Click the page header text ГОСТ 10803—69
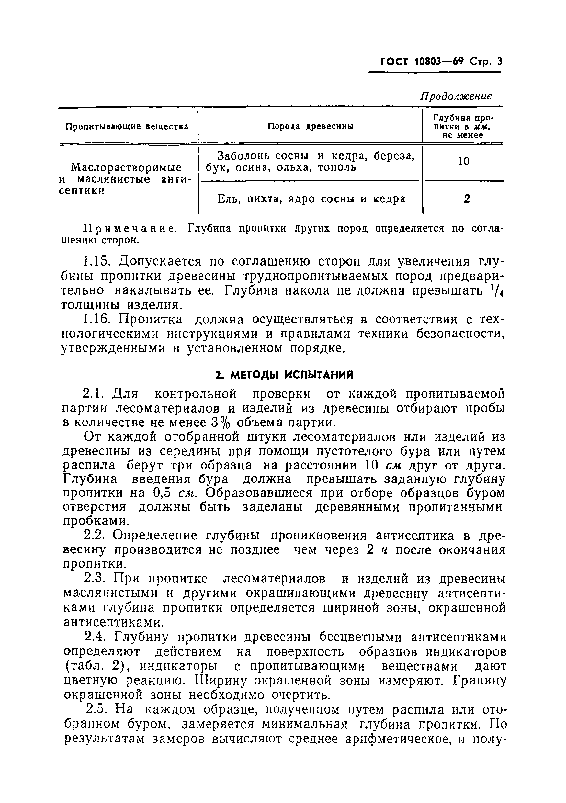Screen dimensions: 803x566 (x=422, y=62)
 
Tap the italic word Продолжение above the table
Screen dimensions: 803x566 (x=456, y=96)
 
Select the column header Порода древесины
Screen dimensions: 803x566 (x=310, y=126)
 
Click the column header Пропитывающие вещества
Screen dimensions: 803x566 (x=127, y=126)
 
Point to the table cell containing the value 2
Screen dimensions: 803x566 (x=467, y=199)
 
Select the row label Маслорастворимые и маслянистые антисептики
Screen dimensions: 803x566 (x=126, y=179)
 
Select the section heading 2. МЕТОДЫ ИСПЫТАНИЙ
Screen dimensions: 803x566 (x=284, y=375)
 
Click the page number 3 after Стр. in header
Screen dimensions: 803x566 (x=499, y=62)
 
